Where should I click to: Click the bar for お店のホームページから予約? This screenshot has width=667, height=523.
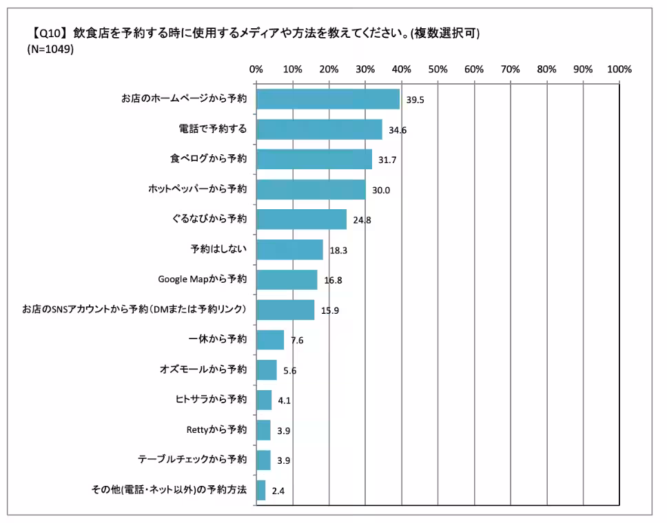327,99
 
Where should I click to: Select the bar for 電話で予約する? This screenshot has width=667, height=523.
318,129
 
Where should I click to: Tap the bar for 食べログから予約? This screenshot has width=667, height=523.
314,159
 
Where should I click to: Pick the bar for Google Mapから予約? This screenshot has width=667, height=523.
286,279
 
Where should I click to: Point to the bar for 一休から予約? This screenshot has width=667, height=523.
269,340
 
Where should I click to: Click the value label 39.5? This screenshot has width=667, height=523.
415,100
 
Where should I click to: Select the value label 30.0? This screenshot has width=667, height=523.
381,190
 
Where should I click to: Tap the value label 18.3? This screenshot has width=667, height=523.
338,250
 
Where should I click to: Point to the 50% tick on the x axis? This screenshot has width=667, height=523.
438,69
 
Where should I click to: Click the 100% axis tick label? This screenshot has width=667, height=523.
619,69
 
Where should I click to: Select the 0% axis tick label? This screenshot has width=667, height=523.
256,69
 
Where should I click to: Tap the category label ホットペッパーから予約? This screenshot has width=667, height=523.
197,189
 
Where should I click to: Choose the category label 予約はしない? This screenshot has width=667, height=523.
218,249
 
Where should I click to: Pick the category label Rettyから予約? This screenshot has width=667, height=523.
216,430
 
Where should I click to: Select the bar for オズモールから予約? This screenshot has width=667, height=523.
266,370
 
